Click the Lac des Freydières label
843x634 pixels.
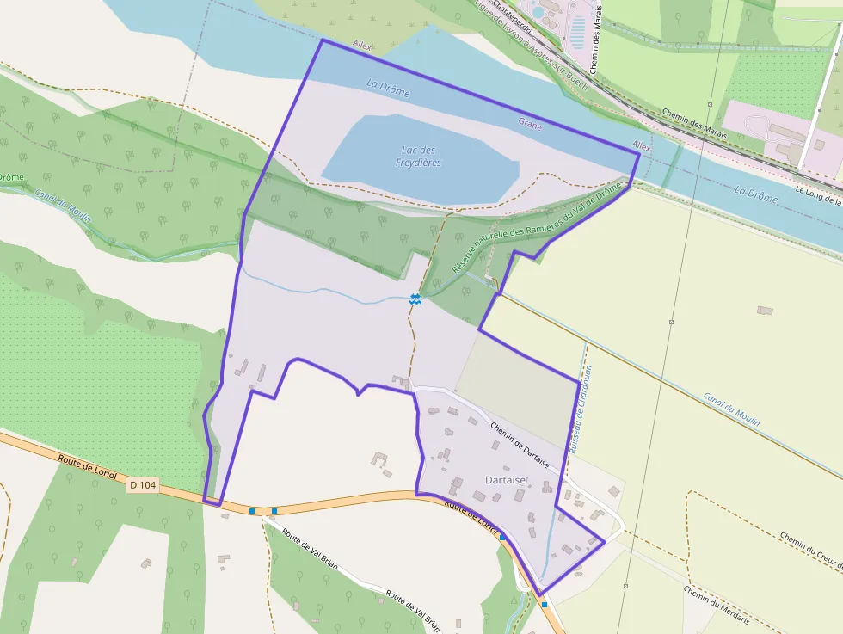418,157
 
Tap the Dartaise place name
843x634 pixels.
505,480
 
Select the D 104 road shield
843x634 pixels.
143,485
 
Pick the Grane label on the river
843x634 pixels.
530,124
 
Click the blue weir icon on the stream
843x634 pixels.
415,299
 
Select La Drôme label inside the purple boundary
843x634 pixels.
388,88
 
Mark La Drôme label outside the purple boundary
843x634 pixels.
756,194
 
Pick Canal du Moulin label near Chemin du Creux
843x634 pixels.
731,409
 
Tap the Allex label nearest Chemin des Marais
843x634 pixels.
642,146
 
